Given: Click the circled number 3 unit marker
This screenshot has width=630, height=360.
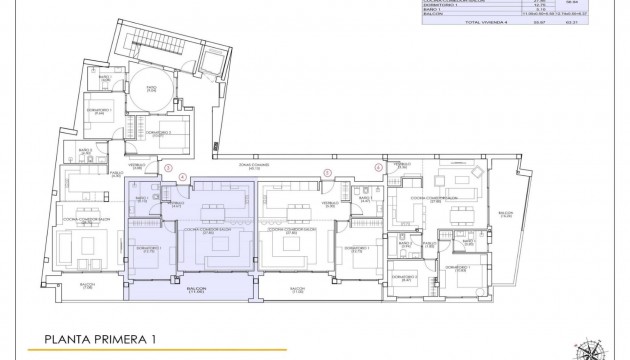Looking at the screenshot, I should tap(171, 169).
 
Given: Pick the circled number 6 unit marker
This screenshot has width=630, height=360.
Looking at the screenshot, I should tap(378, 169).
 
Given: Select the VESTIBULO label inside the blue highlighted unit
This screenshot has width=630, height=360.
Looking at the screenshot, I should tap(174, 203).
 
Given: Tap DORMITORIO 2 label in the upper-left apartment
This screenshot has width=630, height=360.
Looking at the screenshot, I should tap(156, 133).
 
